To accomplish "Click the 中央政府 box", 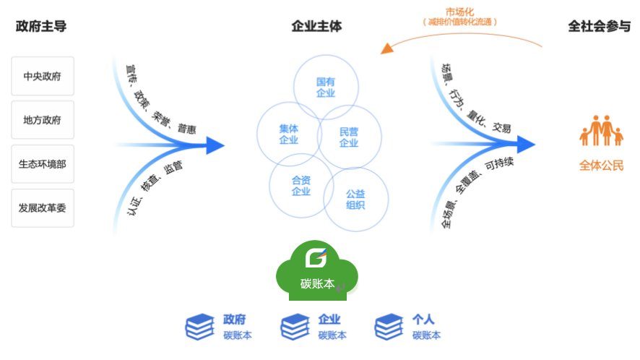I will pyautogui.click(x=43, y=76).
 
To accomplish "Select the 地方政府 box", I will pyautogui.click(x=43, y=120).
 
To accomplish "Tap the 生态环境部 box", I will pyautogui.click(x=43, y=164).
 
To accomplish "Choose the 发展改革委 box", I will pyautogui.click(x=43, y=208).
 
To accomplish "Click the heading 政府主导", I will pyautogui.click(x=41, y=27).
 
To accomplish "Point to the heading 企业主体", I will pyautogui.click(x=316, y=27).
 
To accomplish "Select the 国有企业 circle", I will pyautogui.click(x=326, y=87).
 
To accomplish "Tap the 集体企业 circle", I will pyautogui.click(x=289, y=134).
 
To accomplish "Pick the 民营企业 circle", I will pyautogui.click(x=350, y=137).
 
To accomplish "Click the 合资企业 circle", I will pyautogui.click(x=301, y=186).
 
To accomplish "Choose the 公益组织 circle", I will pyautogui.click(x=355, y=199).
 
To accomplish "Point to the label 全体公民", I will pyautogui.click(x=601, y=166).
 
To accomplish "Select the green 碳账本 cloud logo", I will pyautogui.click(x=317, y=270).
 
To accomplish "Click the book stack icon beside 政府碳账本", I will pyautogui.click(x=200, y=327).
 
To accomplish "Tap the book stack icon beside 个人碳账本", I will pyautogui.click(x=389, y=327).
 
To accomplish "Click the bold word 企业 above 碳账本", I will pyautogui.click(x=329, y=320).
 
